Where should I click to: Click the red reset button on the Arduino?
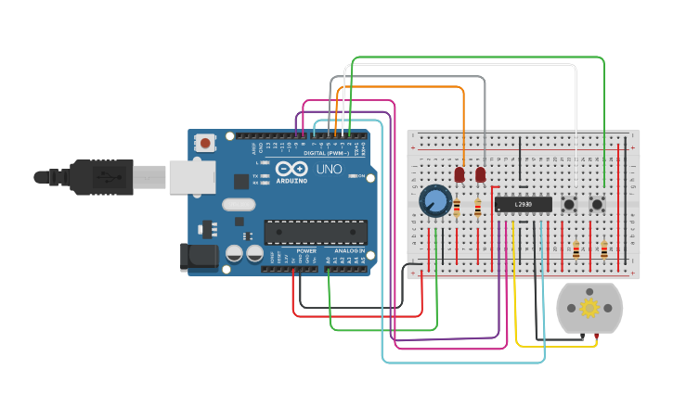click(204, 142)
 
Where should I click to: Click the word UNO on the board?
click(330, 170)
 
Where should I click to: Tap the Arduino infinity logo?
click(291, 170)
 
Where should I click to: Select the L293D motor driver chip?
click(523, 204)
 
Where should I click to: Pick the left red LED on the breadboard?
click(459, 174)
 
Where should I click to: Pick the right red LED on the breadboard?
click(480, 174)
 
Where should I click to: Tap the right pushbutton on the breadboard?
click(599, 203)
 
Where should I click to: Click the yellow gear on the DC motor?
click(589, 308)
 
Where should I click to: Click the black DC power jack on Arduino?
click(199, 257)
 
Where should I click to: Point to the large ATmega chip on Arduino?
click(316, 233)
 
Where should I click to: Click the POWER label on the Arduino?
click(306, 251)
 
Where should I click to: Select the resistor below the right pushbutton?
click(604, 248)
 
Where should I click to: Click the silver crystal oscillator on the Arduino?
click(238, 206)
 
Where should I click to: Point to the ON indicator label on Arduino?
click(362, 175)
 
